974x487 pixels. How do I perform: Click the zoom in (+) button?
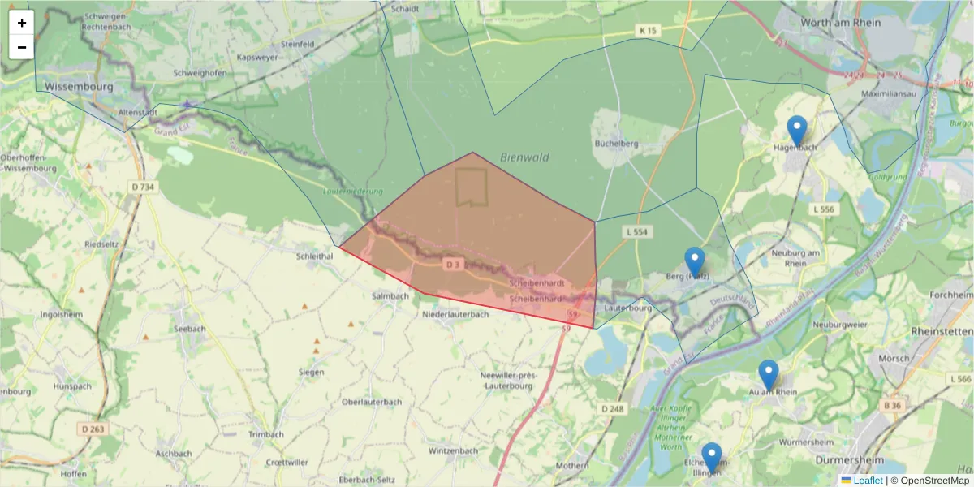[22, 23]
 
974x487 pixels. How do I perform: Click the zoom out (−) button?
[22, 47]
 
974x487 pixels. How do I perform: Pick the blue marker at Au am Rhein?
[769, 374]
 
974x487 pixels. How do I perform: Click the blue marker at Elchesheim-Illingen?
[712, 457]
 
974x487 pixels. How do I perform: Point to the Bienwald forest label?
[524, 157]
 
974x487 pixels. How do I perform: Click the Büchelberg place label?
[617, 144]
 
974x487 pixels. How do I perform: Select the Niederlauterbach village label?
[455, 314]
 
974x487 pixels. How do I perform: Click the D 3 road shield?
[453, 265]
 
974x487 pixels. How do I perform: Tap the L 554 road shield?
[637, 232]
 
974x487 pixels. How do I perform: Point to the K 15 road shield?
[647, 31]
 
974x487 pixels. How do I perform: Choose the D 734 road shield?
[141, 187]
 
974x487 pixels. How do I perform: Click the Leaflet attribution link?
[868, 481]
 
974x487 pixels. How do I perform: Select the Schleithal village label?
[315, 255]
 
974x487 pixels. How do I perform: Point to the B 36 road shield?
[892, 405]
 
